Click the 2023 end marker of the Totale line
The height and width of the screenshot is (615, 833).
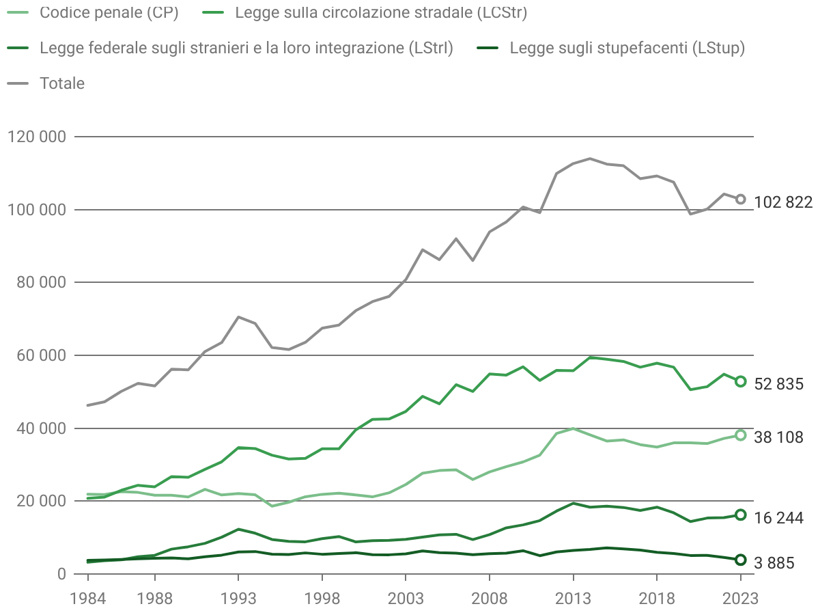[x=740, y=199]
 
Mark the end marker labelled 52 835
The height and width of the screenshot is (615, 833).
[x=740, y=381]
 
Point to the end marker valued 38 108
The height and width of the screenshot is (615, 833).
[x=740, y=435]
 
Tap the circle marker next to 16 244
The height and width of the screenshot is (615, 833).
[x=740, y=515]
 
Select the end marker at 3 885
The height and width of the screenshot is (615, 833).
[x=740, y=560]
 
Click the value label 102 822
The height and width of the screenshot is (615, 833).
[x=783, y=202]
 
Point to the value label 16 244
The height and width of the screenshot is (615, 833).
[x=778, y=519]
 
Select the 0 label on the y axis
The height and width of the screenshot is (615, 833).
[x=61, y=574]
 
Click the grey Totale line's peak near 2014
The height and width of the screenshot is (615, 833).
[x=590, y=159]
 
